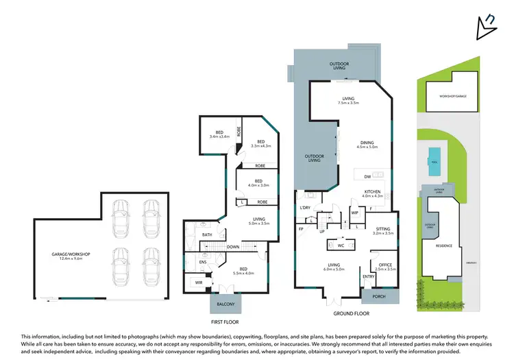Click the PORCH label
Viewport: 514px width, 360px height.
(x=378, y=297)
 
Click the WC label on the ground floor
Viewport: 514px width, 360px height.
(x=341, y=243)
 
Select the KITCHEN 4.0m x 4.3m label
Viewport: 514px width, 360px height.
(x=372, y=193)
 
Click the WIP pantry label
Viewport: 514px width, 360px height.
(x=355, y=213)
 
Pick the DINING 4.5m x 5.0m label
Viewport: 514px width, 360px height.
(x=367, y=145)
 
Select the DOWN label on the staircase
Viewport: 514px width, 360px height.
(x=233, y=246)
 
